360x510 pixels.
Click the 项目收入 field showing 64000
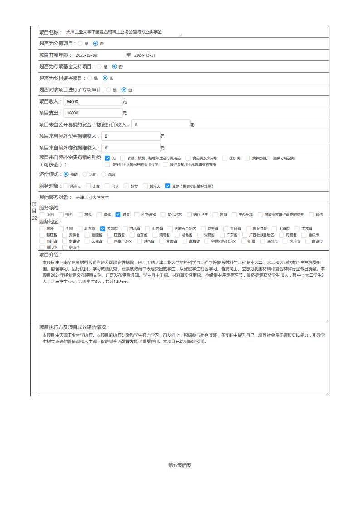click(x=93, y=102)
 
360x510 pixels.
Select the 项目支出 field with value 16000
click(x=93, y=113)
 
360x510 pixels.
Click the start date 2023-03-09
click(x=86, y=55)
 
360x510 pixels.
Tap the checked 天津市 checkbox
click(x=103, y=228)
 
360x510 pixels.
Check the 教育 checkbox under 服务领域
click(x=118, y=214)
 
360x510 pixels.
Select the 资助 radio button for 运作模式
click(x=66, y=174)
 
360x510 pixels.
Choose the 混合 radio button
click(x=104, y=174)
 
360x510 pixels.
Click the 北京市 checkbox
click(x=80, y=228)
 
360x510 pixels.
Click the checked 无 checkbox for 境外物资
click(x=108, y=158)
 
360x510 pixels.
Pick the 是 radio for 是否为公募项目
click(x=80, y=44)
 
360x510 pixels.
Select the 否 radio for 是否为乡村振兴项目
click(x=105, y=78)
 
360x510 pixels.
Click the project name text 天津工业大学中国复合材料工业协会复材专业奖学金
click(x=114, y=32)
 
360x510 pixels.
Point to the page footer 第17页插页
click(x=180, y=465)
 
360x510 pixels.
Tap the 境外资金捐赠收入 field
click(x=130, y=136)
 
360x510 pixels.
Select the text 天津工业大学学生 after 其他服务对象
click(x=93, y=198)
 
